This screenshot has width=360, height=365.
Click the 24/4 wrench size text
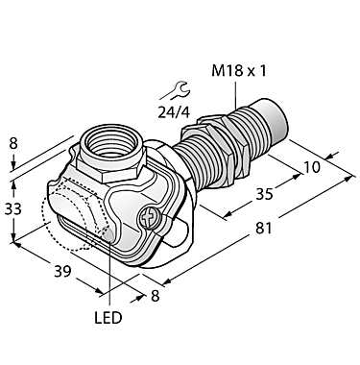pyautogui.click(x=176, y=110)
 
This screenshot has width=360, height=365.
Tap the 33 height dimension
pyautogui.click(x=13, y=210)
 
